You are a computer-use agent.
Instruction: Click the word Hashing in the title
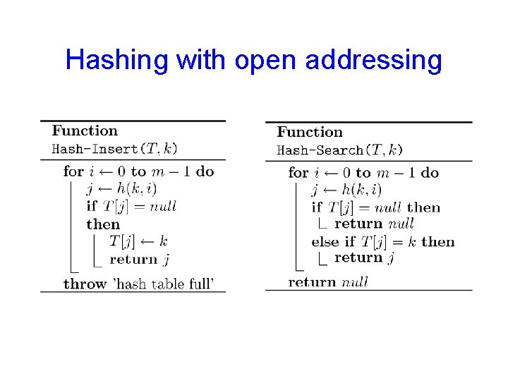pyautogui.click(x=117, y=60)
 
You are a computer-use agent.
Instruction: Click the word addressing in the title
pyautogui.click(x=373, y=60)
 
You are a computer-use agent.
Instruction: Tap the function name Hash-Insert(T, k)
pyautogui.click(x=115, y=148)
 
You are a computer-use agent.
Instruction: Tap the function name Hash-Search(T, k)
pyautogui.click(x=340, y=150)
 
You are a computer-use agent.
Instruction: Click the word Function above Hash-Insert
pyautogui.click(x=85, y=131)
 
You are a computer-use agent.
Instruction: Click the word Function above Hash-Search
pyautogui.click(x=310, y=132)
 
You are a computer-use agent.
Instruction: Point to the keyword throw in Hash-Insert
pyautogui.click(x=85, y=284)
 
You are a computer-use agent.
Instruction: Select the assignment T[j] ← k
pyautogui.click(x=138, y=241)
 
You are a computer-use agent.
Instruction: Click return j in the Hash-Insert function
pyautogui.click(x=139, y=259)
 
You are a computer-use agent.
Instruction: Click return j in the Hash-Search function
pyautogui.click(x=364, y=258)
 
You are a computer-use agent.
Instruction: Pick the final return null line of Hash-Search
pyautogui.click(x=328, y=282)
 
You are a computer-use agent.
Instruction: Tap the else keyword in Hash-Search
pyautogui.click(x=325, y=241)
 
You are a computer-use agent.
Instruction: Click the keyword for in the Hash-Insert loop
pyautogui.click(x=73, y=171)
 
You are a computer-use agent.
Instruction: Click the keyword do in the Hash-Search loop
pyautogui.click(x=430, y=173)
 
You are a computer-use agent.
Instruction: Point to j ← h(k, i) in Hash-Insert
pyautogui.click(x=121, y=188)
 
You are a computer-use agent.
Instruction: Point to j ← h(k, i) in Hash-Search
pyautogui.click(x=346, y=190)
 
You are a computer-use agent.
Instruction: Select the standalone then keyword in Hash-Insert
pyautogui.click(x=103, y=224)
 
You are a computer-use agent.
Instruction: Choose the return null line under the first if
pyautogui.click(x=374, y=224)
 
